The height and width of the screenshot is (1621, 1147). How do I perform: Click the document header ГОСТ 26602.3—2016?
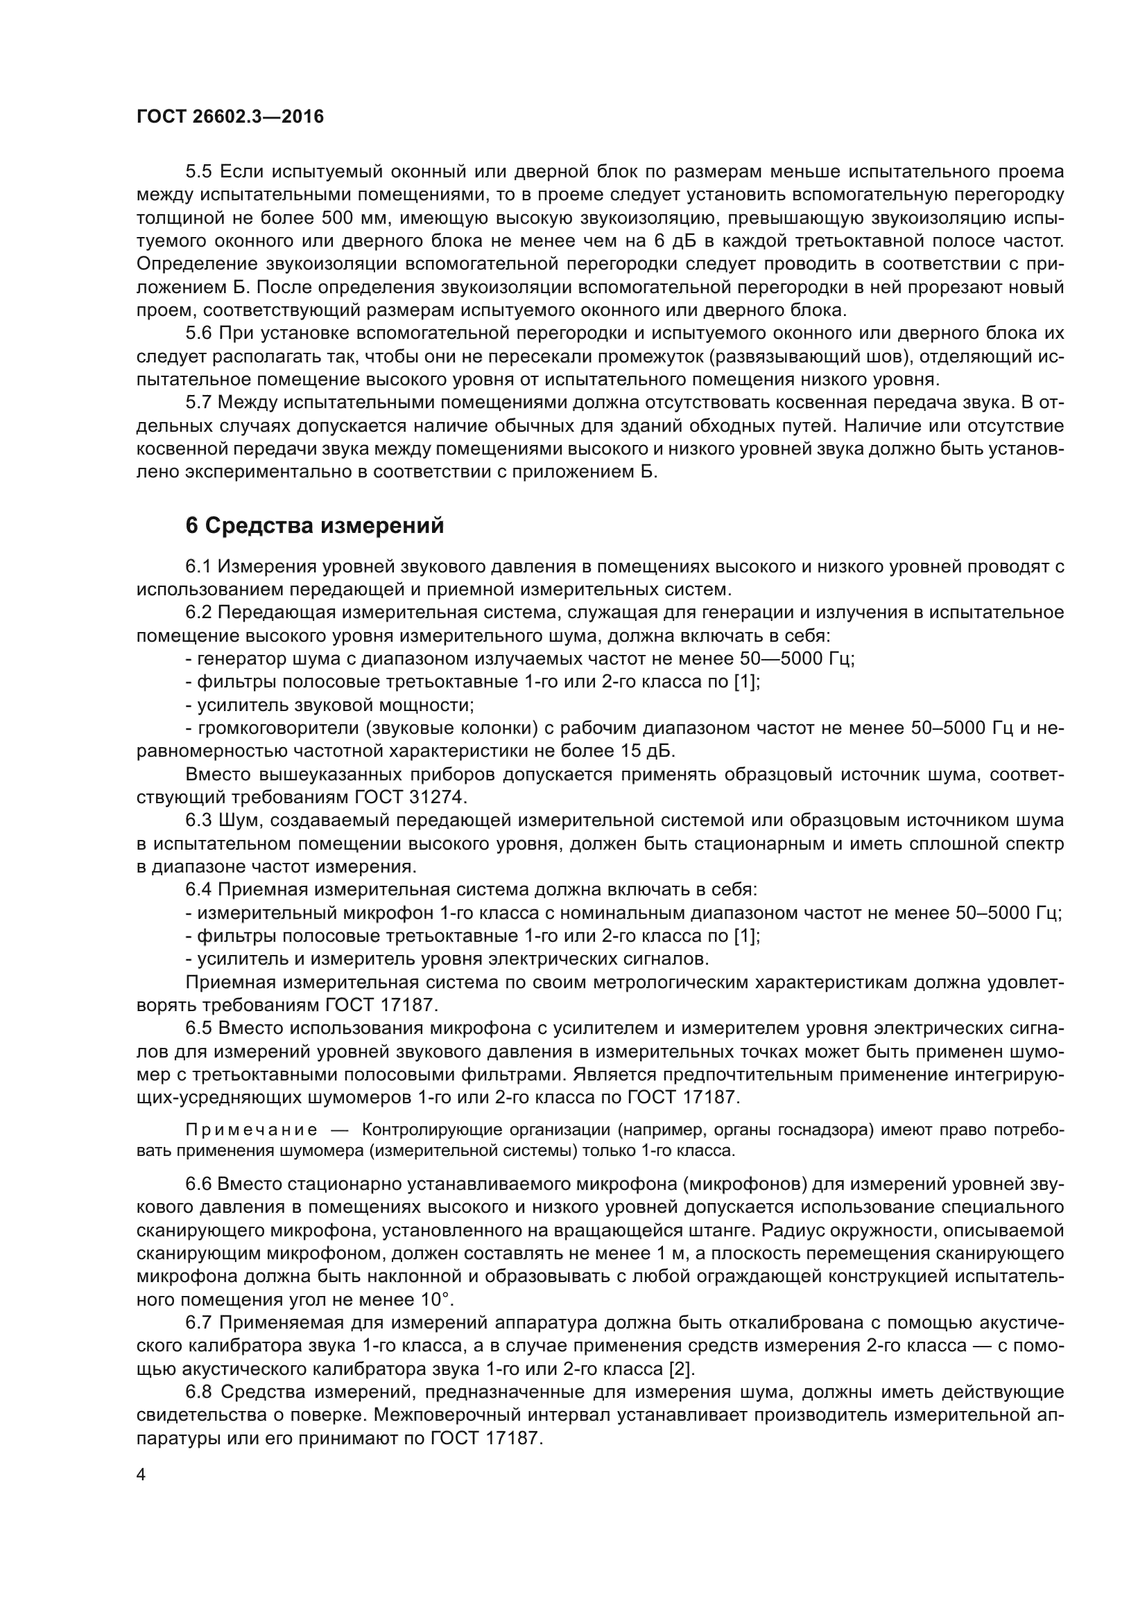pos(230,116)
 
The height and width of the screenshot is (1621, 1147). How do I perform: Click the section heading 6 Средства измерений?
pos(314,525)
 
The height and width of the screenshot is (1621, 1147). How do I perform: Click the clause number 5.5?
pos(199,172)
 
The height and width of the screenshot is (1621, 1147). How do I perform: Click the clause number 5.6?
pos(199,333)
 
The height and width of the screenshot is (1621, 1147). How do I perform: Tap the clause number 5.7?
pos(199,403)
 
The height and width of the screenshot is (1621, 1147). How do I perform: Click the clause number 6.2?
pos(199,612)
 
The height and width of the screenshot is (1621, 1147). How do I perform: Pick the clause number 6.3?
pos(199,821)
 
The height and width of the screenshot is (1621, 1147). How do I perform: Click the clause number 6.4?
pos(199,890)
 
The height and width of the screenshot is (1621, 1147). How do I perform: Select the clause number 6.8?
pos(199,1392)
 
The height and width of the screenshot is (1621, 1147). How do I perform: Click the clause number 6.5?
pos(199,1028)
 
